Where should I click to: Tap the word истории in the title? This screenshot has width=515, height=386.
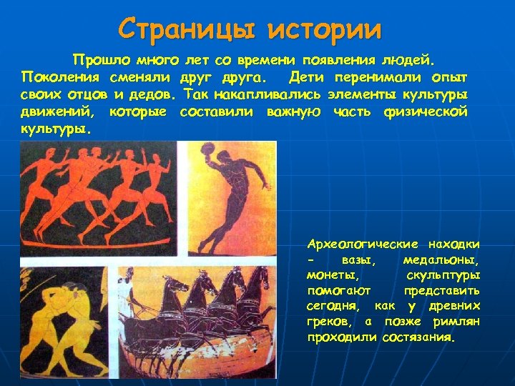[325, 29]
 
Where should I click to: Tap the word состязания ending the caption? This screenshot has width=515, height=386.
[418, 338]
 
